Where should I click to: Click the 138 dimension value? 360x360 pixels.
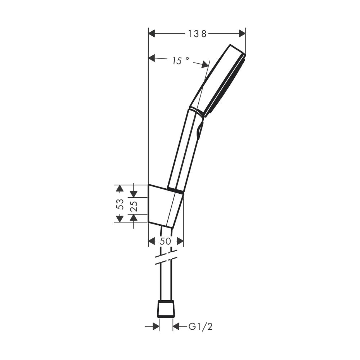click(x=197, y=34)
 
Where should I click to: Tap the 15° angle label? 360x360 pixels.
click(x=180, y=61)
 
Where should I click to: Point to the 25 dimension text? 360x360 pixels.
click(x=134, y=206)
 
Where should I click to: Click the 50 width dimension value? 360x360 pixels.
click(x=165, y=242)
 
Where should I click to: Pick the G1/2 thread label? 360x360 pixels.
click(x=201, y=327)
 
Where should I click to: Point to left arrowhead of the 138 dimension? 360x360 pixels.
click(x=152, y=33)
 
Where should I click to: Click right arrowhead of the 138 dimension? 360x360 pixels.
click(x=242, y=33)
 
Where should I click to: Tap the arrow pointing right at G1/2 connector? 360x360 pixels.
click(x=156, y=327)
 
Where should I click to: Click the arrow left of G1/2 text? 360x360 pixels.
click(x=176, y=327)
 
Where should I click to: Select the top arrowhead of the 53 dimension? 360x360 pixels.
click(x=120, y=188)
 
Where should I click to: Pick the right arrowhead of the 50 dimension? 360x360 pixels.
click(x=180, y=242)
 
